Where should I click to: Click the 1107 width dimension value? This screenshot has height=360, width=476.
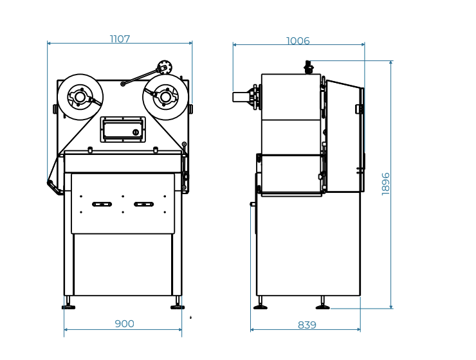point(120,39)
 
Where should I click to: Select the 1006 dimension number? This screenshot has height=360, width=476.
point(298,41)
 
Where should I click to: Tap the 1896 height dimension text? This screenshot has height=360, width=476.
point(386,183)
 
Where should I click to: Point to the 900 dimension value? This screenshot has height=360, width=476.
point(124,324)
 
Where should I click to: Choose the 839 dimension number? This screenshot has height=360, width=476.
point(307,325)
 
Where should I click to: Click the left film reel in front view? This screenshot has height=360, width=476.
point(80,97)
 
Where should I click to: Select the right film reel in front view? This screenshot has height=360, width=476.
point(165,97)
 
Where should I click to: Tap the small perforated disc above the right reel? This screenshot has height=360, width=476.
point(165,67)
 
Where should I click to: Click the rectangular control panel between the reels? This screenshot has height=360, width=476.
point(123,129)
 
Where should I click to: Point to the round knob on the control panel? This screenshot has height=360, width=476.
point(136,132)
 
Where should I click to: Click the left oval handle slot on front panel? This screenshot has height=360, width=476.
point(102,204)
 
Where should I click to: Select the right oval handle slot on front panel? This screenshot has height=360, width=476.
point(143,204)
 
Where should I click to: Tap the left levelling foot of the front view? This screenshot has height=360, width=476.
point(68,307)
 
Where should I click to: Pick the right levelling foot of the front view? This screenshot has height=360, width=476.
point(178,307)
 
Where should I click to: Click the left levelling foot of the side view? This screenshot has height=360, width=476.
point(261,307)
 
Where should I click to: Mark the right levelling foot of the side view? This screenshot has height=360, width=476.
point(322,307)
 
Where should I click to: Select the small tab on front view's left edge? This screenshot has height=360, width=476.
point(55,109)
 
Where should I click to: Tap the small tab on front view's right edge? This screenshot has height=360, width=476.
point(190,109)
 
